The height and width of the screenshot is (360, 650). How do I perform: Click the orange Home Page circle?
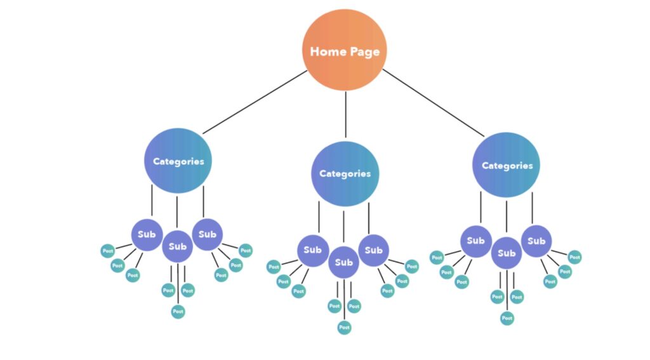pos(345,50)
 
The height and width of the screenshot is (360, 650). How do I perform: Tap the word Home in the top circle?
pos(326,51)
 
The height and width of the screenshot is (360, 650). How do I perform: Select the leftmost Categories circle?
pos(178,161)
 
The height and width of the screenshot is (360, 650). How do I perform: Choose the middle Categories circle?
pos(345,173)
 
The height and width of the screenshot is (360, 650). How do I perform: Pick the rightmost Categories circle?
pos(506,165)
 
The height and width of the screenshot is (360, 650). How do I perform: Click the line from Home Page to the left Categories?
pos(255,102)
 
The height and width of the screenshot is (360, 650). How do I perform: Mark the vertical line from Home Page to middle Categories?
pos(345,114)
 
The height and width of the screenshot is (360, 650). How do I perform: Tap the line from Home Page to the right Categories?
pos(433,103)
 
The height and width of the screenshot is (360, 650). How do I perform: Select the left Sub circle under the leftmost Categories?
pos(147,235)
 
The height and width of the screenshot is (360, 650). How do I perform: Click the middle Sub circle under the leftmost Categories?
pos(178,246)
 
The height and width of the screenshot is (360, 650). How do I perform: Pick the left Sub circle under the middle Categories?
pos(312,251)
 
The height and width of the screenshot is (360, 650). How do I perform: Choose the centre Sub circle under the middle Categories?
pos(343,262)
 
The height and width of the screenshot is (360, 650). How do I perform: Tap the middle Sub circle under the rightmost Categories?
pos(507,253)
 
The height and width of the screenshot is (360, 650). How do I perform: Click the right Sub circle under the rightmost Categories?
pos(536,241)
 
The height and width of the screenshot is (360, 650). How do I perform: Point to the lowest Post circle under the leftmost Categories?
pos(178,312)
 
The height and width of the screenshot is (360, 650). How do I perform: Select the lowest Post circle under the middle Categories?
pos(344,327)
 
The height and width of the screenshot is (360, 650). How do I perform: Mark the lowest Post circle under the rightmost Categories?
pos(507,318)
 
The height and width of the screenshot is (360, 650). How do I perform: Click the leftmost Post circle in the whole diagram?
pos(108,251)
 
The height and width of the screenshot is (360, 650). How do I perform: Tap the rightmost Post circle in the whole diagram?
pos(574,257)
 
